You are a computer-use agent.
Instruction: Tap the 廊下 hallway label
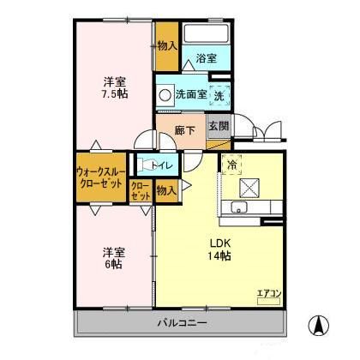[x=185, y=130]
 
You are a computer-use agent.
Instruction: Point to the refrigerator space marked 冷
[x=231, y=163]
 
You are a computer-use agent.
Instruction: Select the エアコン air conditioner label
[x=268, y=294]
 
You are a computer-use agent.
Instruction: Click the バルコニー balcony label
[x=181, y=322]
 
